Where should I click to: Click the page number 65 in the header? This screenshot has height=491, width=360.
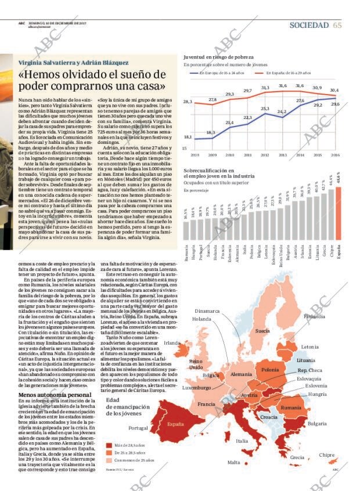click(337, 25)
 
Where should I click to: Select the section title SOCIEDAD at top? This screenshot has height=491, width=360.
click(309, 25)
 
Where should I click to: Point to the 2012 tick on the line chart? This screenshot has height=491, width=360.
click(265, 156)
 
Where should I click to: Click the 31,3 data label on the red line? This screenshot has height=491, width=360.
click(265, 88)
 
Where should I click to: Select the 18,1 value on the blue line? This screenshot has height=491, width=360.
click(188, 137)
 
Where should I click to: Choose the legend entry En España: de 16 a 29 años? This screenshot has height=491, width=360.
click(290, 73)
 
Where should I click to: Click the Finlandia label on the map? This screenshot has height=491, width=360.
click(330, 317)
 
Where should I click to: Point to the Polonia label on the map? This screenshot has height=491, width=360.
click(270, 370)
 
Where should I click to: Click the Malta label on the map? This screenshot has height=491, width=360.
click(233, 462)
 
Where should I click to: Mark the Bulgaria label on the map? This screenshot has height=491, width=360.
click(317, 424)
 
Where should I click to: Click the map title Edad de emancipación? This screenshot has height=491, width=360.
click(127, 406)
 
